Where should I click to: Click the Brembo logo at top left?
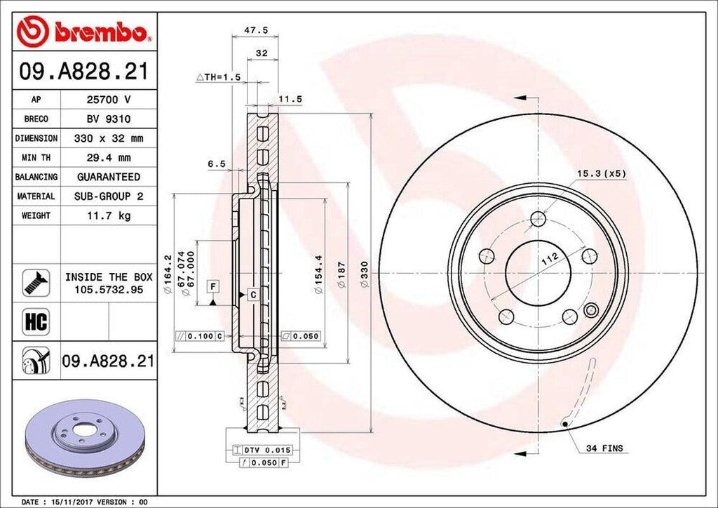(x=84, y=32)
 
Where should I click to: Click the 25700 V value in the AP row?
(x=108, y=100)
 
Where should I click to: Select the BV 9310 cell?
(x=108, y=119)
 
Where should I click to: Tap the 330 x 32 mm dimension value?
(x=108, y=139)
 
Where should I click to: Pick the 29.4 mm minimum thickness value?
(x=108, y=158)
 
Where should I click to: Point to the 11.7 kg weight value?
(x=108, y=215)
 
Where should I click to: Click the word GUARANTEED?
(x=108, y=177)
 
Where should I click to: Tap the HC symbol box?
(x=36, y=322)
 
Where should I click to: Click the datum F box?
(x=212, y=286)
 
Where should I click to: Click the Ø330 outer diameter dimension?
(x=364, y=280)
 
